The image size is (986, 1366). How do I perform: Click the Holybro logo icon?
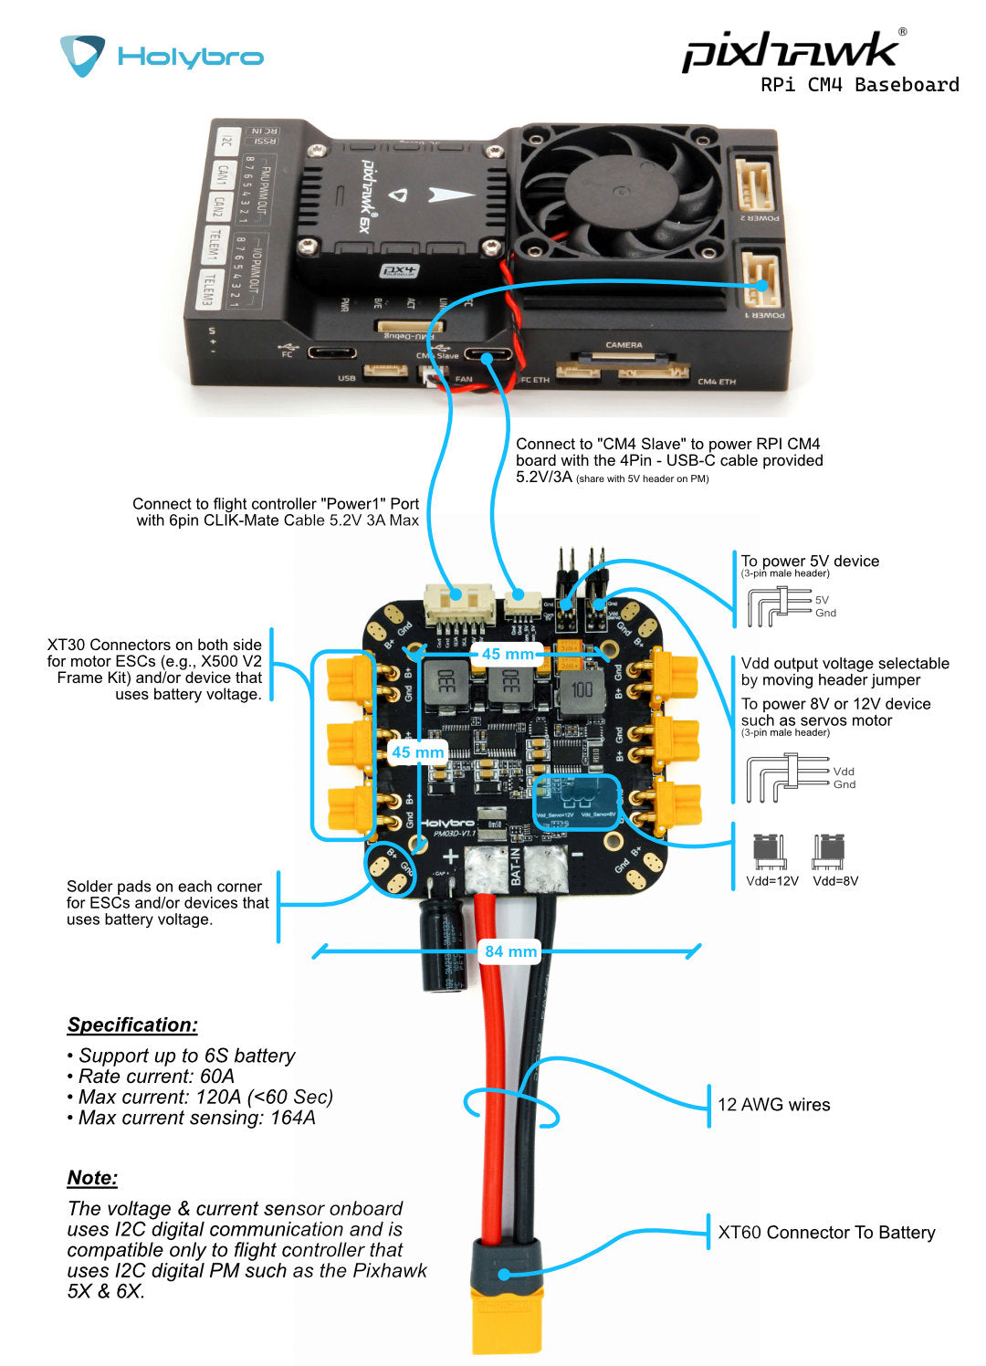[x=82, y=55]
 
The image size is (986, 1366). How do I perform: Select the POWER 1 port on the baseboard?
[x=758, y=281]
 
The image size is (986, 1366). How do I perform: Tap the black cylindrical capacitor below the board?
[x=445, y=944]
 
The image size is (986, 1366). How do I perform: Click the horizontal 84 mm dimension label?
[x=510, y=951]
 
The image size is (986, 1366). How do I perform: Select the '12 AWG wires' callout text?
[x=773, y=1105]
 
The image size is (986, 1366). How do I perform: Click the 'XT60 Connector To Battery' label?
[x=826, y=1233]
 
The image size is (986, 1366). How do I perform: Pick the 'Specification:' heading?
[x=132, y=1024]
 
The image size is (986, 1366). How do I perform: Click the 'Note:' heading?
[x=92, y=1178]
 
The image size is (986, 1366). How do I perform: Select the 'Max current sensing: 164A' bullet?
[x=195, y=1118]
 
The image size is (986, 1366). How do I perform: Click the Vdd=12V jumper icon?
[x=771, y=852]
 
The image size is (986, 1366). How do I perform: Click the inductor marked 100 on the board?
[x=582, y=690]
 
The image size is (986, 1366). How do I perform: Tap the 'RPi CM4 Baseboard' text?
[x=859, y=85]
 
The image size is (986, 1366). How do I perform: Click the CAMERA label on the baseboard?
[x=624, y=345]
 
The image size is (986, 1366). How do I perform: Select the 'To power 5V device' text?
[x=810, y=561]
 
